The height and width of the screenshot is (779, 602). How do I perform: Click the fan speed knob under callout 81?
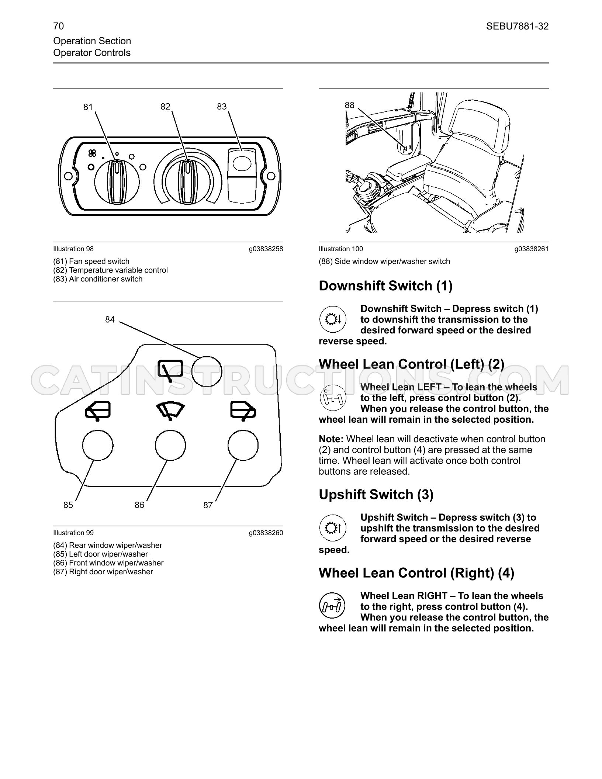pyautogui.click(x=117, y=182)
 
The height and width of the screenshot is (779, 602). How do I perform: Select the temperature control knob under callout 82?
pyautogui.click(x=188, y=182)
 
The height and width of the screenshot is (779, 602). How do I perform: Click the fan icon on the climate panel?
pyautogui.click(x=92, y=153)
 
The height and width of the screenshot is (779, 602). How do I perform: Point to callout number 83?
pyautogui.click(x=222, y=107)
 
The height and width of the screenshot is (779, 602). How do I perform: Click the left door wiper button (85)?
pyautogui.click(x=98, y=446)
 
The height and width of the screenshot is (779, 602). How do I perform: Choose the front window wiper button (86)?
pyautogui.click(x=170, y=446)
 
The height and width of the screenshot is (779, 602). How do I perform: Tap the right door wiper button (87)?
pyautogui.click(x=243, y=446)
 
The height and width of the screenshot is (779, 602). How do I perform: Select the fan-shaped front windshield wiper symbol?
pyautogui.click(x=170, y=411)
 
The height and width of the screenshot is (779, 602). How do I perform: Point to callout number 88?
pyautogui.click(x=349, y=105)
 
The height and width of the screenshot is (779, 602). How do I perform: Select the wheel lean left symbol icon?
pyautogui.click(x=333, y=397)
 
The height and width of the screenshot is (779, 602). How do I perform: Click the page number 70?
pyautogui.click(x=58, y=26)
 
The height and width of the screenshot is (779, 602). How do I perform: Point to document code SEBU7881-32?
pyautogui.click(x=517, y=26)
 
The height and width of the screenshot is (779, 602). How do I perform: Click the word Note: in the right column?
pyautogui.click(x=331, y=439)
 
